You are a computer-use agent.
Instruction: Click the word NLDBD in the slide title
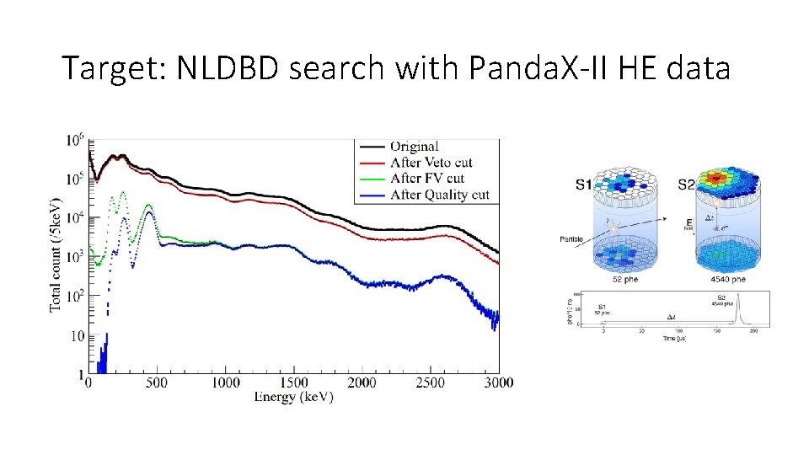point(228,68)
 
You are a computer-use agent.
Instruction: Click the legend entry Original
point(414,147)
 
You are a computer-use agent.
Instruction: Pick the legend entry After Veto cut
point(431,163)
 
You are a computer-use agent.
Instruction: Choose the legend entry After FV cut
point(427,179)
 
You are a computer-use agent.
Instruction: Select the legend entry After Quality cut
point(439,195)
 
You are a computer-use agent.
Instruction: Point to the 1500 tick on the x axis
point(293,383)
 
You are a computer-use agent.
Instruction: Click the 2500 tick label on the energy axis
point(431,383)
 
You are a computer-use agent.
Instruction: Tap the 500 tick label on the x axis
point(157,383)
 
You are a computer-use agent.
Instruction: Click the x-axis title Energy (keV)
point(293,397)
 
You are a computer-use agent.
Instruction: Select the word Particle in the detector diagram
point(573,238)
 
